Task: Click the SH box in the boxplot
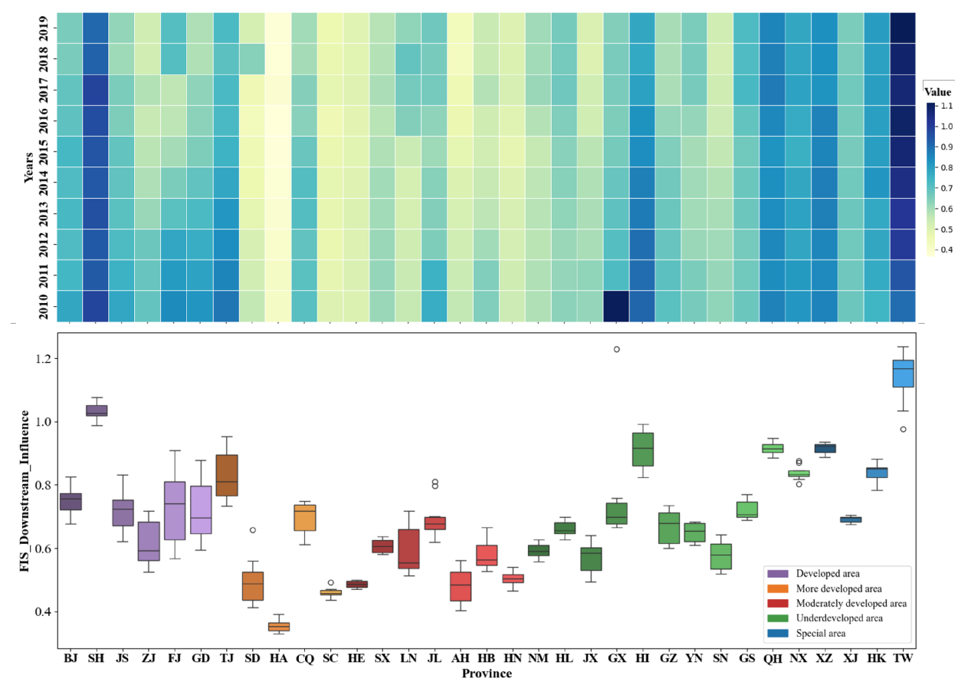(x=97, y=410)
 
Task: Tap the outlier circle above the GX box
(x=616, y=349)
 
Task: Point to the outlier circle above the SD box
(x=252, y=530)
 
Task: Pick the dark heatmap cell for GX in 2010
(x=616, y=306)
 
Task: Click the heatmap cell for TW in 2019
(x=904, y=28)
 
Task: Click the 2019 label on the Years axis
(x=44, y=28)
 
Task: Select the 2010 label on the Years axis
(x=44, y=306)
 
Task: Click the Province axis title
(x=487, y=674)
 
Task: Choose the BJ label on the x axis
(x=71, y=659)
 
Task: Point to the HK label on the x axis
(x=877, y=659)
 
